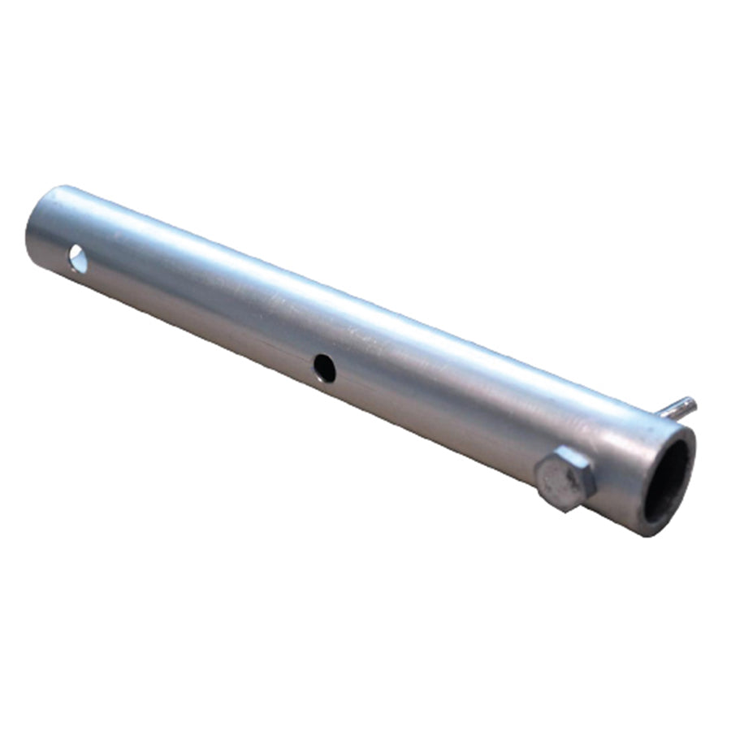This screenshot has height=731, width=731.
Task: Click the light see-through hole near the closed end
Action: [78, 259]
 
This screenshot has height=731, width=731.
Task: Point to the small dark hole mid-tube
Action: [325, 369]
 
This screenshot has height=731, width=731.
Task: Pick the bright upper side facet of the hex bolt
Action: [569, 455]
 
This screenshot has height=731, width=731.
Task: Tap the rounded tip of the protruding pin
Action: [690, 402]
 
